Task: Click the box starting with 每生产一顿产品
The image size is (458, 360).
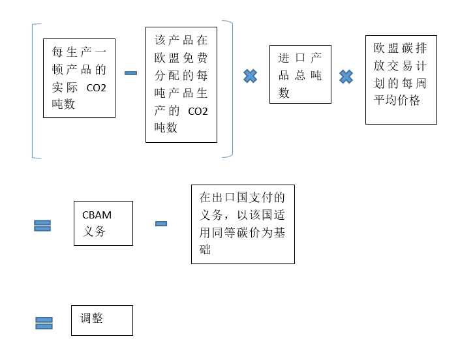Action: pos(79,78)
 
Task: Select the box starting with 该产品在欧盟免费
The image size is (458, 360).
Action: pos(181,85)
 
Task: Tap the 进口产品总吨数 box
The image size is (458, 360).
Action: pos(300,74)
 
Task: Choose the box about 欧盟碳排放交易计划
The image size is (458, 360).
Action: pos(401,80)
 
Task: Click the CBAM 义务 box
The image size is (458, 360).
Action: pos(103,223)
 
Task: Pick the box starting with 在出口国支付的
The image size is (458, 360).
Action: pos(243,224)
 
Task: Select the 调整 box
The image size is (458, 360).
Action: pos(102,320)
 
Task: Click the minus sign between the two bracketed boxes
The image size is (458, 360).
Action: pos(130,72)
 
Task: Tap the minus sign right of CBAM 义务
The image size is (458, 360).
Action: pos(161,224)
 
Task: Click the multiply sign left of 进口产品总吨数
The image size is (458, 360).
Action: pos(250,76)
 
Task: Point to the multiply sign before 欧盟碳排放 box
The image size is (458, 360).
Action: pos(346,77)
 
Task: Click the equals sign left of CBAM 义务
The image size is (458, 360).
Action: pos(42,225)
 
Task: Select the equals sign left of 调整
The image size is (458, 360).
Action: pos(44,323)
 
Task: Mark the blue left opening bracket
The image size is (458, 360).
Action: pos(35,91)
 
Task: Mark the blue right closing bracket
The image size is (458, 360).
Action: pos(229,89)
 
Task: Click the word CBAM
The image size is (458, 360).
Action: pos(97,215)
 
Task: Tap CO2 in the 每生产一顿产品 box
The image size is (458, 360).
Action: pos(96,87)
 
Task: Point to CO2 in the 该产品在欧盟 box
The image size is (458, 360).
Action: pos(197,111)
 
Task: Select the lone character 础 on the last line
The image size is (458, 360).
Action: pos(206,249)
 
